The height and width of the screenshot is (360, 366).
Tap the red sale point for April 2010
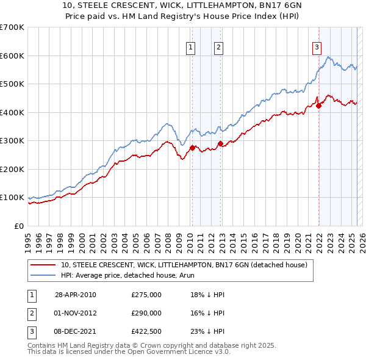click(x=192, y=148)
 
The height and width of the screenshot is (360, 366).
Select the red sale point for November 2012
click(x=220, y=143)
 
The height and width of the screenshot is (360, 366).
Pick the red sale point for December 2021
click(x=318, y=106)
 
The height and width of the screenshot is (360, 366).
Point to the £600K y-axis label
click(x=12, y=56)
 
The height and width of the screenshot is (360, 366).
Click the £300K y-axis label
click(x=12, y=141)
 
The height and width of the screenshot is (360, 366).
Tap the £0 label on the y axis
click(x=18, y=226)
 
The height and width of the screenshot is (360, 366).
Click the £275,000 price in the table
click(x=146, y=295)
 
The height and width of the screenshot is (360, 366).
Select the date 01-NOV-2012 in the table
click(x=76, y=313)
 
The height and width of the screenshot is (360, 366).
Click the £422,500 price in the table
click(x=146, y=331)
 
